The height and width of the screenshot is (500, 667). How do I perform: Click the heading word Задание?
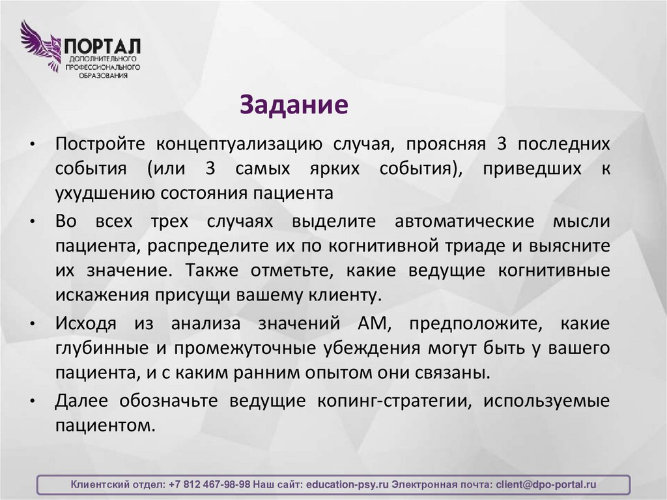[x=294, y=104]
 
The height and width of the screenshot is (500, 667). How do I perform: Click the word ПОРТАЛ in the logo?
[x=102, y=46]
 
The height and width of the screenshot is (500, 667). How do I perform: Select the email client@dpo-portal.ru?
[x=546, y=485]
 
